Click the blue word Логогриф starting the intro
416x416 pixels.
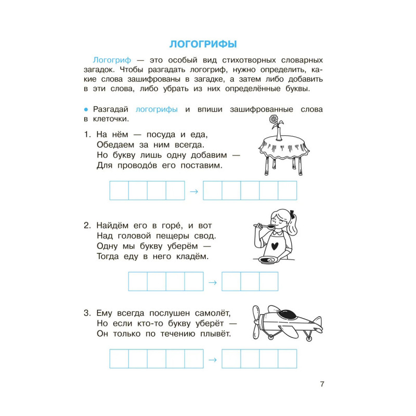coord(110,60)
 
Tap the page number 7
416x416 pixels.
coord(322,384)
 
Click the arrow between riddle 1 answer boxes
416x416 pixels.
coord(194,191)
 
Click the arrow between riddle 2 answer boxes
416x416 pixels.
coord(213,282)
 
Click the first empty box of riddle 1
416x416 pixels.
coord(119,191)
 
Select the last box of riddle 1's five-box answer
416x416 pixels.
coord(288,191)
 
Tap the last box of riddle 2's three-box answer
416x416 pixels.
coord(269,281)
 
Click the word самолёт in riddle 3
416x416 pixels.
coord(211,314)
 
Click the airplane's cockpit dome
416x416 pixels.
coord(287,314)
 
